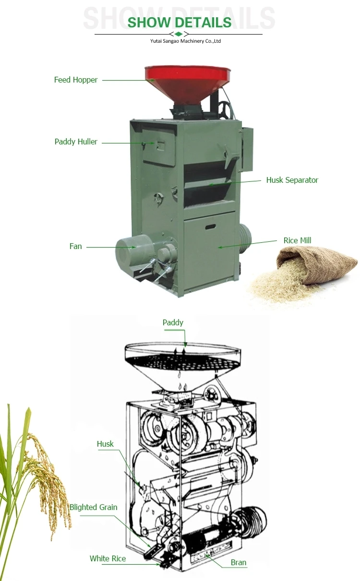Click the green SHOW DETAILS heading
tap(180, 22)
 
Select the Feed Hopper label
tap(75, 80)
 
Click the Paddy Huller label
tap(76, 142)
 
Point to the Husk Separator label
tap(292, 180)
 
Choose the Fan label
tap(75, 246)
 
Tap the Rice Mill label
tap(297, 240)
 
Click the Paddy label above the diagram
tap(173, 322)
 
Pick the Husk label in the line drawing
tap(105, 444)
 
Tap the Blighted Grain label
tap(93, 507)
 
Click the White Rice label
tap(108, 558)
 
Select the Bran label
tap(238, 562)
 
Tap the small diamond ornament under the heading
tap(179, 34)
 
